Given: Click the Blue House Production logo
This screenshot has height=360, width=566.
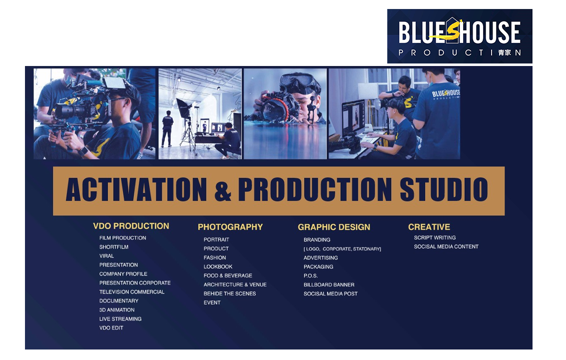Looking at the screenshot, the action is point(460,36).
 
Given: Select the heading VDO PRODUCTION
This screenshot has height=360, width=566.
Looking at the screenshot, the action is point(131,226).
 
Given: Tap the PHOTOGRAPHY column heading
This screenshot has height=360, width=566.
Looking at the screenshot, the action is point(230,227).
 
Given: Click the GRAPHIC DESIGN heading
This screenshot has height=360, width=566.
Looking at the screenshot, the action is point(334,227).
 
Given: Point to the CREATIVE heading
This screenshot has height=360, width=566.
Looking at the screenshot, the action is point(429,227).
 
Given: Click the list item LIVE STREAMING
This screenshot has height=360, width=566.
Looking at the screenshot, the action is point(120,319).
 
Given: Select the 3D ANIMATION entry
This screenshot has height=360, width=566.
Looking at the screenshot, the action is point(117,310).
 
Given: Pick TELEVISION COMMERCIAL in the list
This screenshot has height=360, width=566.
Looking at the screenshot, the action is point(132,292).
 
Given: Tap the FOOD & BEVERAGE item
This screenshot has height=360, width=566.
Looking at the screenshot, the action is point(228,276).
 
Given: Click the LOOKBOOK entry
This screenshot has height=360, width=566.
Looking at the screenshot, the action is point(218,266).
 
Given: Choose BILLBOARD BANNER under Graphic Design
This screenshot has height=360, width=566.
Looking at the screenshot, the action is point(329,285).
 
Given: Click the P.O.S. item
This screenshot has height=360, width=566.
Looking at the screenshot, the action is point(310,276).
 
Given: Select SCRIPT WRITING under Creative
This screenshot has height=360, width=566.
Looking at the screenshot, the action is point(435,238).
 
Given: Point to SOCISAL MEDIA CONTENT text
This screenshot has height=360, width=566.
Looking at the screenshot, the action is point(446,247).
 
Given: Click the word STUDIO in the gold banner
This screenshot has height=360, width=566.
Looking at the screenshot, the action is point(444,189).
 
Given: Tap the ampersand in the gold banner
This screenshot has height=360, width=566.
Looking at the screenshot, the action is point(223,191).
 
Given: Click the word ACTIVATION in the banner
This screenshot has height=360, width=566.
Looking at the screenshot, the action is point(136,189).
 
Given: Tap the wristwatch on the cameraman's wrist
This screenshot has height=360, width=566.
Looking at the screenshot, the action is point(83,151).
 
